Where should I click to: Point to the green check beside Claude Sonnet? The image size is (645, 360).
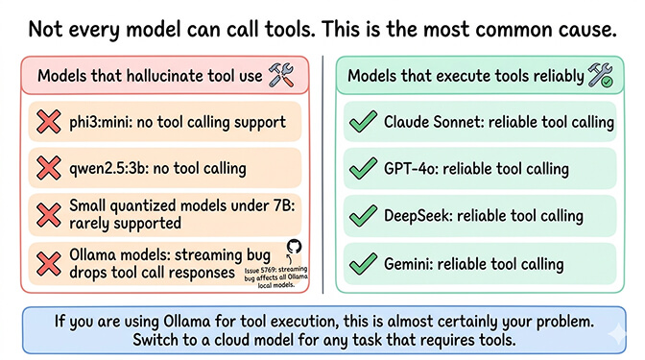click(x=362, y=123)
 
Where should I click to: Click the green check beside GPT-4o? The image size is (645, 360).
click(x=362, y=170)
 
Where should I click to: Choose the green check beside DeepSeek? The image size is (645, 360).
click(x=362, y=216)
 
